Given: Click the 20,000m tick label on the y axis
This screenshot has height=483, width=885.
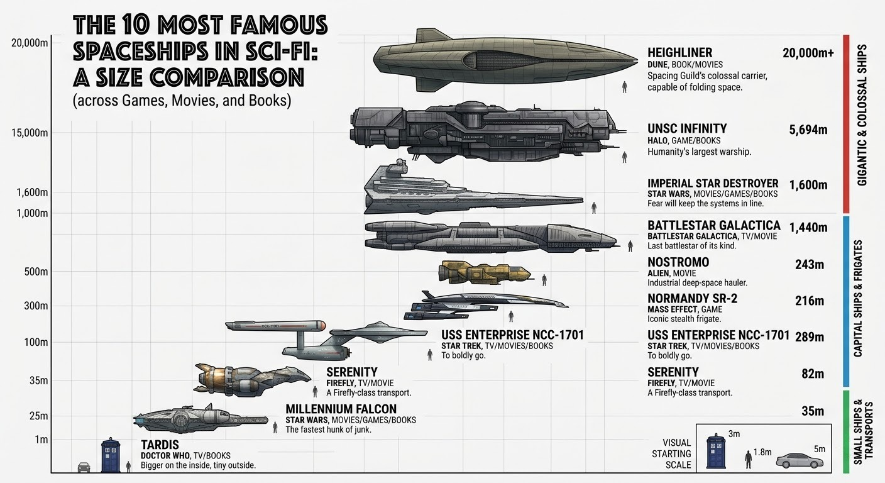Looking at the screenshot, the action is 30,43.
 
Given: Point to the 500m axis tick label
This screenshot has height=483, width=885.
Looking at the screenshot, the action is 36,272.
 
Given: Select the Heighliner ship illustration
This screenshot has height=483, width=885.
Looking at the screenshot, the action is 505,60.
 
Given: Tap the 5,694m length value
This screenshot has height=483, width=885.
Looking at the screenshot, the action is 808,130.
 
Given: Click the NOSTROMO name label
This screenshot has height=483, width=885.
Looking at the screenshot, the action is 678,262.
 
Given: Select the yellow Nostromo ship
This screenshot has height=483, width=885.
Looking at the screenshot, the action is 485,272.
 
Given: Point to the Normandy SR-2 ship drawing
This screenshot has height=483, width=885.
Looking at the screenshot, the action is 486,305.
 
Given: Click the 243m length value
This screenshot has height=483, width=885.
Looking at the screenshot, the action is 810,264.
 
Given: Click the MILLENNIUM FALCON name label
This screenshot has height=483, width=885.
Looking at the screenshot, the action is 341,409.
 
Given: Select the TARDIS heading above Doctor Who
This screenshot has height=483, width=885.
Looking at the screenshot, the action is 160,445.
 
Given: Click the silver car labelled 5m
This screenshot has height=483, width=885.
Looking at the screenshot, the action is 800,461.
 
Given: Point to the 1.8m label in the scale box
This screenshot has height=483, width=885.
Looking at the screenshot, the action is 762,452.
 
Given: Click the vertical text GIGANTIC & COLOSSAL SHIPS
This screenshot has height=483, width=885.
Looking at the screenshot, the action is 862,115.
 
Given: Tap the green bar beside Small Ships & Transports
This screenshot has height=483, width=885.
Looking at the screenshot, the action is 846,431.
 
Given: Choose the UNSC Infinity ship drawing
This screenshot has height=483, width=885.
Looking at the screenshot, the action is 488,133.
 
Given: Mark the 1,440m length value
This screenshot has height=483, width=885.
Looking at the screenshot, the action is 808,227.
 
